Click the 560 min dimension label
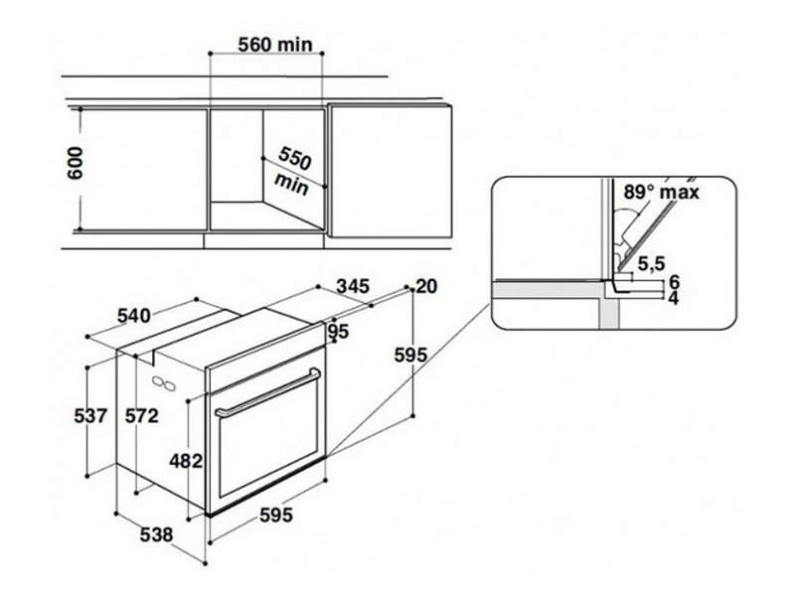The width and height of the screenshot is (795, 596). [x=275, y=45]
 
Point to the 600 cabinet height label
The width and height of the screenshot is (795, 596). [x=76, y=163]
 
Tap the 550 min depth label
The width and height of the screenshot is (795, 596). [x=293, y=171]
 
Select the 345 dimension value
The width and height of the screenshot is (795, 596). [x=353, y=286]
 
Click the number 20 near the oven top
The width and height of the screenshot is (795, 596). [x=426, y=286]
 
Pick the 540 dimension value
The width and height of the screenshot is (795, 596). [x=134, y=316]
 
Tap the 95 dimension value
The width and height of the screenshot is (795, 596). [x=339, y=332]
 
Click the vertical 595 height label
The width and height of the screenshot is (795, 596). [x=410, y=355]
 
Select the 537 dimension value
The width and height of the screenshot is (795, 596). [x=90, y=415]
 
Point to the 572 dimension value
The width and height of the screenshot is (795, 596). [x=142, y=415]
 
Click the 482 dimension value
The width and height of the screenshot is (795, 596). [x=186, y=461]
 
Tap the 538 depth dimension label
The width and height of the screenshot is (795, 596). [x=156, y=534]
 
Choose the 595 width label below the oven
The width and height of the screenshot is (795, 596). [x=276, y=515]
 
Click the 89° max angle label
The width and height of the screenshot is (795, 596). [x=661, y=192]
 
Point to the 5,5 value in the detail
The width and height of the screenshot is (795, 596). [x=652, y=263]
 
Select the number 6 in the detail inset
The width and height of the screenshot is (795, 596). [x=674, y=281]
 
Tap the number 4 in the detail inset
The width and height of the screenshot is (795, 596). [x=674, y=298]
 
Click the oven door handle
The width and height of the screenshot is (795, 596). [x=267, y=392]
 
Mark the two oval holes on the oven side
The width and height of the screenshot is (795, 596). [x=164, y=383]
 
